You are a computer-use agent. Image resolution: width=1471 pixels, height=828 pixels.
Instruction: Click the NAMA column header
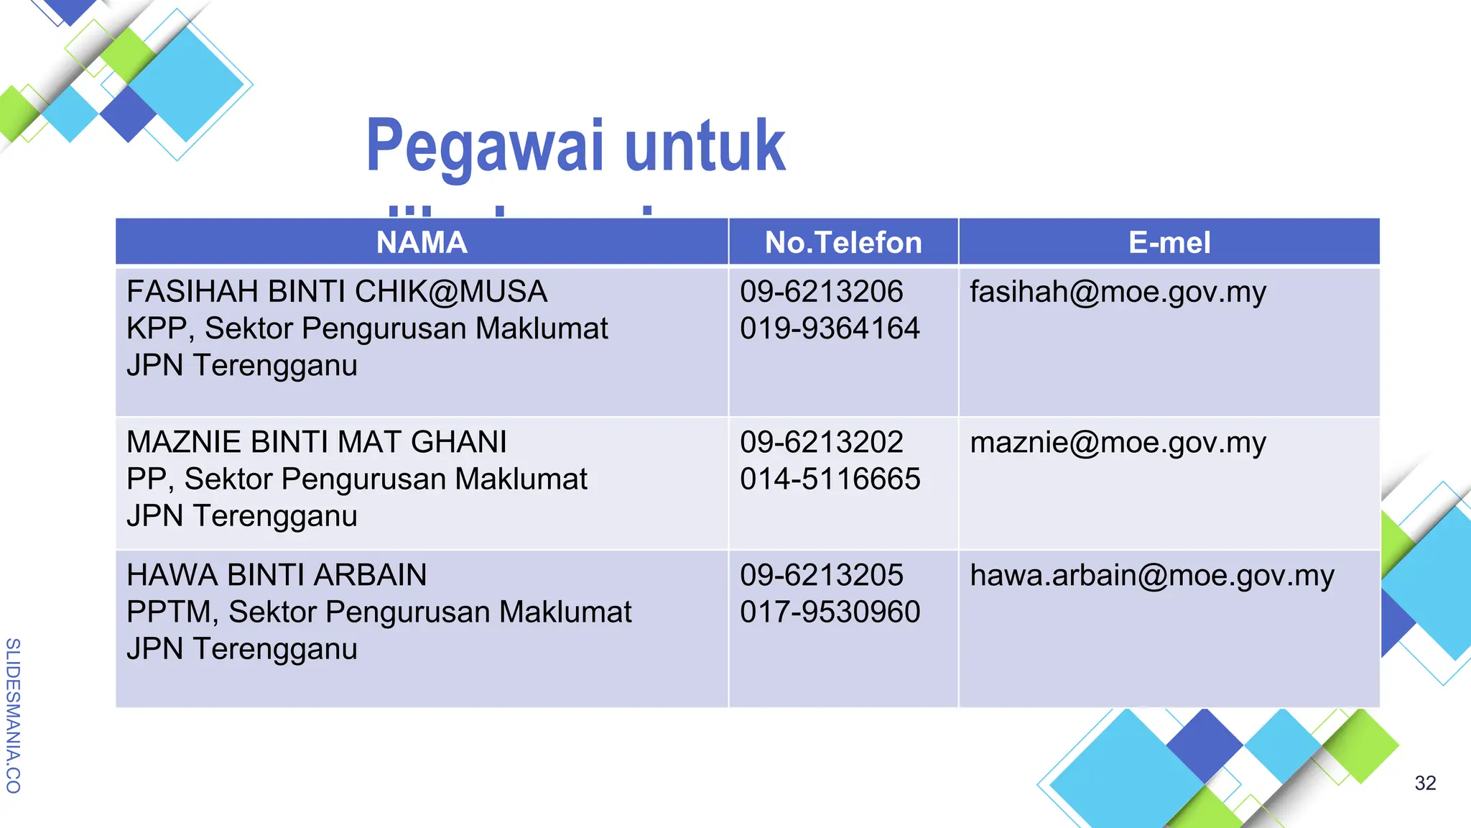[422, 243]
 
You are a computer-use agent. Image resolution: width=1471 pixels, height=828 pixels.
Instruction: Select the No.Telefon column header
[843, 243]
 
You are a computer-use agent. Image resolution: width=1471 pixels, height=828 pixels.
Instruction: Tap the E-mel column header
[1169, 243]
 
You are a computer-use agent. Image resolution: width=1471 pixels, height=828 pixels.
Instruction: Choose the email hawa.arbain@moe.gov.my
[1151, 576]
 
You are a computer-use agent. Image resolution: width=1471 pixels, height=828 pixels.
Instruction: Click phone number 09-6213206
[821, 292]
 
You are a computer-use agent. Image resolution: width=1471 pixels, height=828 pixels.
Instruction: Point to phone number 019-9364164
[830, 328]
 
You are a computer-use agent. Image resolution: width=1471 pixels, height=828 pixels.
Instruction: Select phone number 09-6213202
[821, 442]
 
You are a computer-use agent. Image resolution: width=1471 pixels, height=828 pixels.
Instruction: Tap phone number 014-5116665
[830, 479]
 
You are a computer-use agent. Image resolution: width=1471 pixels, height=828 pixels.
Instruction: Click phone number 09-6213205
[821, 575]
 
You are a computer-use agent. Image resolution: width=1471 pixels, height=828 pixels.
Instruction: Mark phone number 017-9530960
[830, 612]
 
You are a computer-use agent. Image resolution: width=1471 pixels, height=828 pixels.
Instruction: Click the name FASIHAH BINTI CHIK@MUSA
[337, 292]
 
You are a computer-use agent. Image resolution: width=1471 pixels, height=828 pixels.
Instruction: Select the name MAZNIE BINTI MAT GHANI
[317, 442]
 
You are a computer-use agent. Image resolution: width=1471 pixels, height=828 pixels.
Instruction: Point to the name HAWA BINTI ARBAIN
[277, 575]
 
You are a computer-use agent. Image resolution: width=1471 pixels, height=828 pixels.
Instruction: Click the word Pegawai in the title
[485, 147]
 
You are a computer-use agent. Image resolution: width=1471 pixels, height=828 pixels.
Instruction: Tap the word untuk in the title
[705, 147]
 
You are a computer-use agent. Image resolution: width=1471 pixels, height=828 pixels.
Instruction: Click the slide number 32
[1425, 783]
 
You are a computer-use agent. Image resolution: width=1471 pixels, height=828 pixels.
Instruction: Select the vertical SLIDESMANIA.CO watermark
[13, 715]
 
